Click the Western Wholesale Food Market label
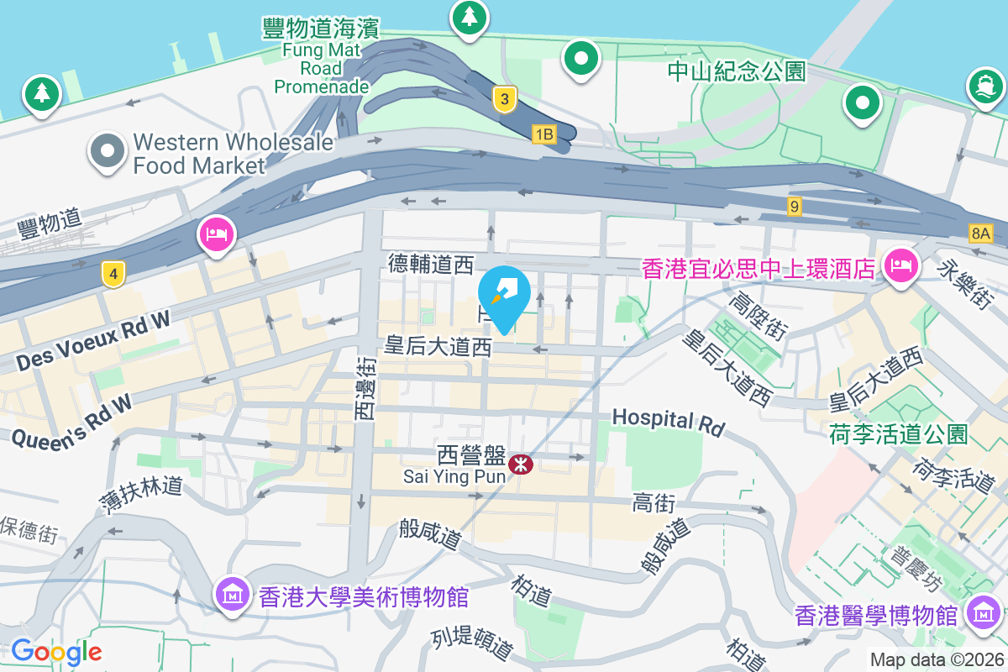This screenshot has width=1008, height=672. pyautogui.click(x=233, y=154)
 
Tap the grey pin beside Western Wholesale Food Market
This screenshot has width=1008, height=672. pyautogui.click(x=108, y=152)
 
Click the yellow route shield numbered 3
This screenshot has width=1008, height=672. pyautogui.click(x=503, y=99)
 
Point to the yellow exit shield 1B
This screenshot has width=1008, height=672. pyautogui.click(x=544, y=134)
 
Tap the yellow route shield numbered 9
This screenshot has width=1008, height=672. pyautogui.click(x=795, y=205)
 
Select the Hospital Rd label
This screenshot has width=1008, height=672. pyautogui.click(x=668, y=422)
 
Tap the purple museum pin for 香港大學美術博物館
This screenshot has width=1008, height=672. pyautogui.click(x=233, y=594)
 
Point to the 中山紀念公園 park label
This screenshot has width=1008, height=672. pyautogui.click(x=737, y=71)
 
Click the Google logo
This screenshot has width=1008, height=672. pyautogui.click(x=56, y=651)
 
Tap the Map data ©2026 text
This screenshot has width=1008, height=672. pyautogui.click(x=937, y=660)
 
